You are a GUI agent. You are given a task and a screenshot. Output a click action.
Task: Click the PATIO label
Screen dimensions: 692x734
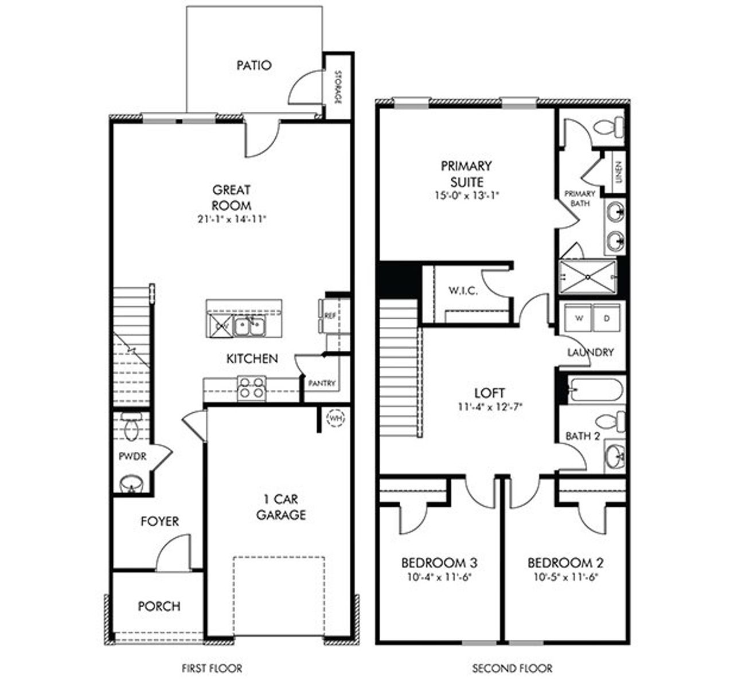(x=254, y=65)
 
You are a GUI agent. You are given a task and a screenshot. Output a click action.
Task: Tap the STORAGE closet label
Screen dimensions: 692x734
(x=338, y=87)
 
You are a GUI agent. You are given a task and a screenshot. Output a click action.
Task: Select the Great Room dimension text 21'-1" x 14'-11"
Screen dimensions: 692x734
(x=231, y=218)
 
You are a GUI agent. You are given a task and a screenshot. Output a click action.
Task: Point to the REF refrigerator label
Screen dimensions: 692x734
(x=330, y=316)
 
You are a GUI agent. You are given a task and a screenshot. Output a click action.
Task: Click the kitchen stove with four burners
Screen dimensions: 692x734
(x=252, y=387)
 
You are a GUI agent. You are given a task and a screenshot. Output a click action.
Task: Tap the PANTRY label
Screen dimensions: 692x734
(x=321, y=383)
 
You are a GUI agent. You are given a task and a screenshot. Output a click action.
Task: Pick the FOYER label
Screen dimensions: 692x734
(x=159, y=522)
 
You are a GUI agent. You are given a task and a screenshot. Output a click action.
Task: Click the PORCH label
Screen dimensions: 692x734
(x=159, y=606)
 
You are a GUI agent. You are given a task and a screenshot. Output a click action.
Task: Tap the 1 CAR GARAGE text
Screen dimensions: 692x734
(x=280, y=507)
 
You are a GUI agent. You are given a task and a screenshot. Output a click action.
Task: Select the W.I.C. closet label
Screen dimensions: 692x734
(x=463, y=291)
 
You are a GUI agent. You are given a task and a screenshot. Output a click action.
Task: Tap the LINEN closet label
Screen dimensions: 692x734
(x=619, y=171)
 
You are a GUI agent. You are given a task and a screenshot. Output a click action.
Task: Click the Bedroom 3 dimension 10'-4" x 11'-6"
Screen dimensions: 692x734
(x=439, y=578)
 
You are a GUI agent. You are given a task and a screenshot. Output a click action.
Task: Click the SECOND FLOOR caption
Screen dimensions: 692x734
(x=512, y=668)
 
